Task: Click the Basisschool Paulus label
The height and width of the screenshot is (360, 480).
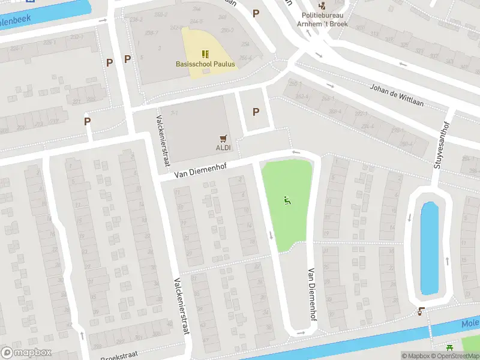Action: (205, 64)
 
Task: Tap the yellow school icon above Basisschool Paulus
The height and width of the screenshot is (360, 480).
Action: (205, 54)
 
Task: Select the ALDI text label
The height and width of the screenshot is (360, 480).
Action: (223, 148)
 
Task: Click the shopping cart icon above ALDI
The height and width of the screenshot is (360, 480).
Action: (223, 138)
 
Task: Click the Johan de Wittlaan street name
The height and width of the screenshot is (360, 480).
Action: (397, 95)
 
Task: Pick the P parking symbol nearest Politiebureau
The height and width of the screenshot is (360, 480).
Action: (256, 13)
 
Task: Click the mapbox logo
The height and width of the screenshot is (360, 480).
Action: (26, 352)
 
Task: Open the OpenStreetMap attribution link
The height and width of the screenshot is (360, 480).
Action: (456, 356)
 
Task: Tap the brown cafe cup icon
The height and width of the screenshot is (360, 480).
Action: (422, 311)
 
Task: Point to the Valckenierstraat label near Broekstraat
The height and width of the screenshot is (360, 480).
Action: (181, 306)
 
